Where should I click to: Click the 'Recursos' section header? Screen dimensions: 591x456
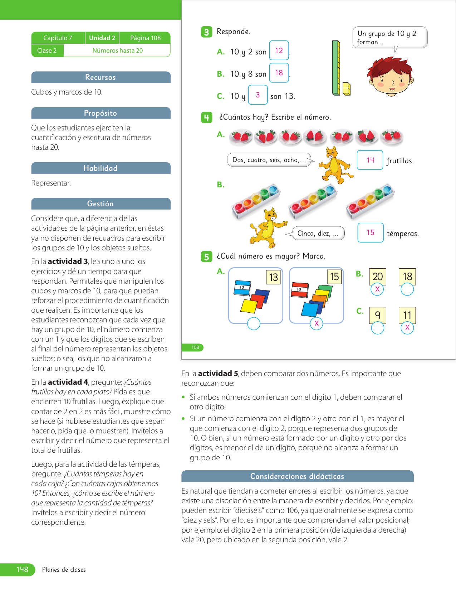click(x=100, y=77)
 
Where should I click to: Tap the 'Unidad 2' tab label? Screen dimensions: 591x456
click(x=102, y=38)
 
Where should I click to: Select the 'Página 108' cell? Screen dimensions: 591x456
click(x=145, y=38)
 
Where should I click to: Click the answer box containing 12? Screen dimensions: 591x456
click(x=279, y=51)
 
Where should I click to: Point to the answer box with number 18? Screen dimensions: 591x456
click(x=279, y=73)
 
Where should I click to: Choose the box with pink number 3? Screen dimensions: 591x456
click(x=258, y=95)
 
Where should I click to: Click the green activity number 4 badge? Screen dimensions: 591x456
click(x=206, y=117)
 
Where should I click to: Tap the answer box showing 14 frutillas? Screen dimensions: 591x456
click(x=370, y=160)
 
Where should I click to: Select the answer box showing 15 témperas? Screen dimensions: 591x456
click(x=371, y=232)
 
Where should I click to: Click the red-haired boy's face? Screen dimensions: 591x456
click(x=390, y=79)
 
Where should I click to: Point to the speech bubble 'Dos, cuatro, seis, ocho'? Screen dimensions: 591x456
click(x=269, y=160)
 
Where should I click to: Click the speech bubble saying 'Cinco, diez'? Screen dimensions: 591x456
click(x=318, y=233)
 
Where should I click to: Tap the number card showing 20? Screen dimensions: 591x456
click(x=377, y=277)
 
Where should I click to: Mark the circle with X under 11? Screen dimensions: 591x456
click(x=407, y=327)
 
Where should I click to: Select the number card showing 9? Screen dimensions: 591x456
click(x=377, y=315)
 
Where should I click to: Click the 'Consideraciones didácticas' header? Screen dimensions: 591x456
click(x=297, y=476)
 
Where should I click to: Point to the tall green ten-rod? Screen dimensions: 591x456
click(x=336, y=68)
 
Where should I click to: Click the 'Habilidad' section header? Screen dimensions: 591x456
click(x=100, y=168)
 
